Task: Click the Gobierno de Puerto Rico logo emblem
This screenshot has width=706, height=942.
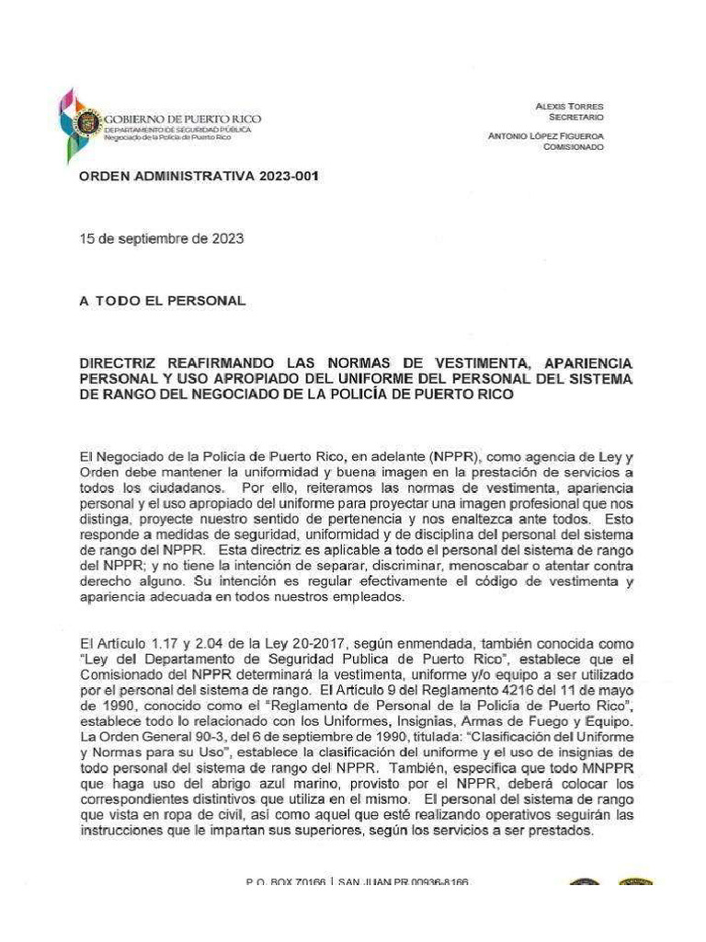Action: click(x=80, y=121)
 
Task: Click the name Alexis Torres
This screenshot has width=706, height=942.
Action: click(x=569, y=107)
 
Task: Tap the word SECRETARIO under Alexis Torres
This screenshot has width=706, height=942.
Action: click(x=576, y=118)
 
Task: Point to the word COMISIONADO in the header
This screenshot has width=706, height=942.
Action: click(x=574, y=148)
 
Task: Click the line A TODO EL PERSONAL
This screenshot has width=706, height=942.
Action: click(x=163, y=301)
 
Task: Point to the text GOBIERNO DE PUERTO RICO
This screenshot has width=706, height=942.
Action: click(x=183, y=120)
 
